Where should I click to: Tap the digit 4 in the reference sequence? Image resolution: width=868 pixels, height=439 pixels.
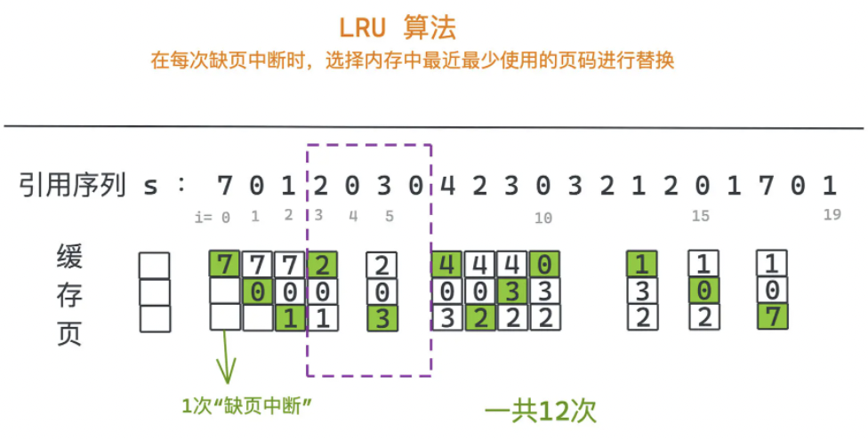click(x=448, y=187)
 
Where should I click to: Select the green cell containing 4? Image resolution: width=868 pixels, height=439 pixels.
click(x=447, y=264)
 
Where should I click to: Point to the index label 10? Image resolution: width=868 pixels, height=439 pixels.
click(x=543, y=217)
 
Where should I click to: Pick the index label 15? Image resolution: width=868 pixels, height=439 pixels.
click(x=701, y=217)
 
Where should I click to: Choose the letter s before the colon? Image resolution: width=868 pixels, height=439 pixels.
click(x=149, y=188)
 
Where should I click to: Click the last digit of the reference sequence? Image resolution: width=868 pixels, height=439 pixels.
click(x=830, y=187)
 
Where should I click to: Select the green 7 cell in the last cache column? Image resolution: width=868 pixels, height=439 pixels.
click(x=772, y=316)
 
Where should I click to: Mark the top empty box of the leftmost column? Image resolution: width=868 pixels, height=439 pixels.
click(x=154, y=265)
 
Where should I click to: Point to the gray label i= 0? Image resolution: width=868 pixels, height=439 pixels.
click(x=213, y=217)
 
